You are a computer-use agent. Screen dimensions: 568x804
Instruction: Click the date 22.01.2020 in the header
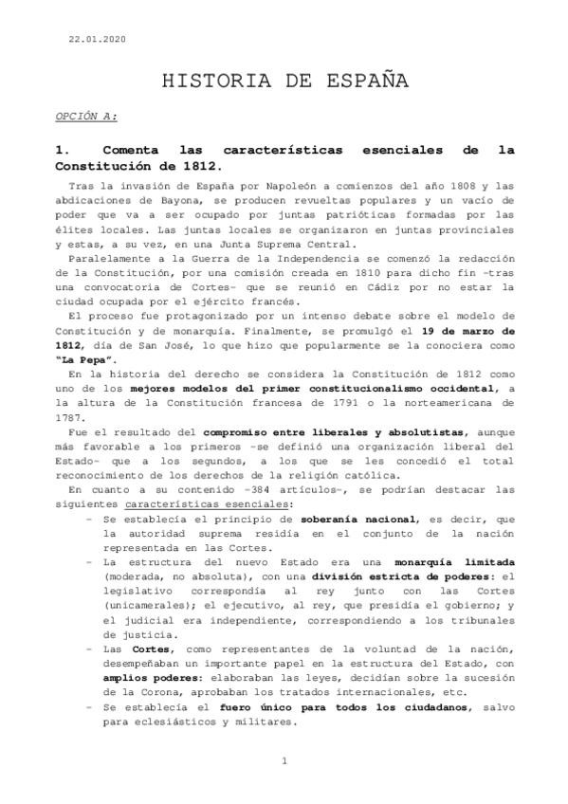click(x=97, y=39)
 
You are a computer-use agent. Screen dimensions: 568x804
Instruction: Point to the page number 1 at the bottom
click(x=284, y=762)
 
